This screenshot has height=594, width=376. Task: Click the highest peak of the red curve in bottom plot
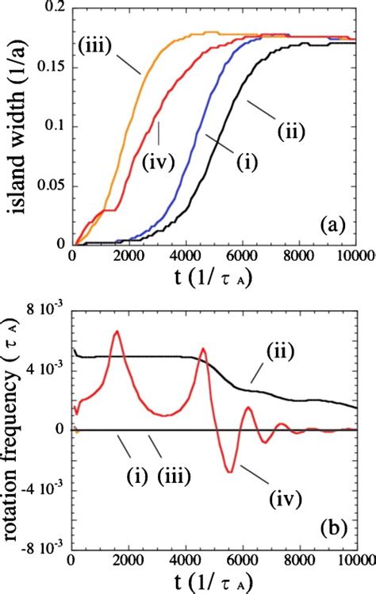click(x=117, y=331)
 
